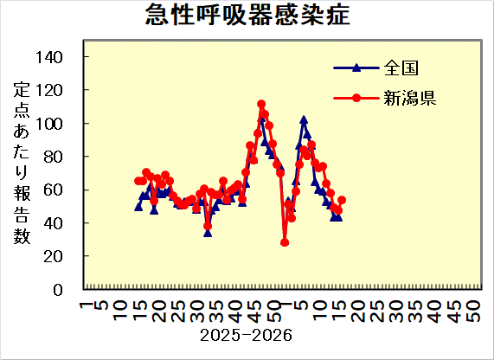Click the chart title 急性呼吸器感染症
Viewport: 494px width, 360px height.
247,16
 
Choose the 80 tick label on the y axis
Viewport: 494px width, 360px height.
65,157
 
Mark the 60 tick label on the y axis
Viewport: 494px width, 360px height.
65,190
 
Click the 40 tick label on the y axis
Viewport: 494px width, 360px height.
65,223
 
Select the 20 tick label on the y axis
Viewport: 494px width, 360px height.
65,256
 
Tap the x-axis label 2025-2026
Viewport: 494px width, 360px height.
245,334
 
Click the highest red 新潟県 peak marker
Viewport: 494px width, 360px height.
261,105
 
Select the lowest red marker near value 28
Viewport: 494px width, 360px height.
285,242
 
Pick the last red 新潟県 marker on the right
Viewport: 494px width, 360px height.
342,200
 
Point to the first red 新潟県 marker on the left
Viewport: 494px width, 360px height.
138,181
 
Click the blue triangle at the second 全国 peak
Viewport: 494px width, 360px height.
304,120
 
